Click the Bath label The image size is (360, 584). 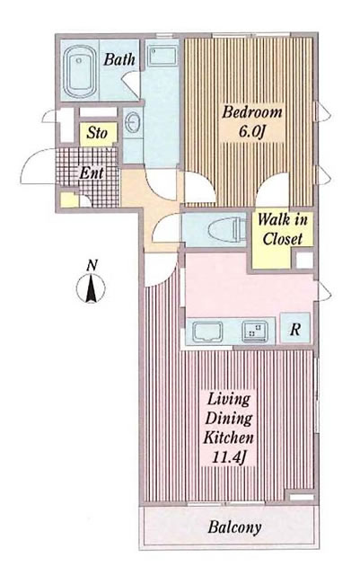(119, 59)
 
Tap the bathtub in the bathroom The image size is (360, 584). (79, 72)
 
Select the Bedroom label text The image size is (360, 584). (252, 112)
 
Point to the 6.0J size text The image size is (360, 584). (253, 132)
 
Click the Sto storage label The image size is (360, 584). (97, 133)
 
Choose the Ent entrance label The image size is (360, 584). (92, 173)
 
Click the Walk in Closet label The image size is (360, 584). (282, 229)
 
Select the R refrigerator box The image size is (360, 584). (294, 328)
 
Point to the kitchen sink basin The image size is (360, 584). (207, 332)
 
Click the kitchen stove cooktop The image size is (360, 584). (255, 331)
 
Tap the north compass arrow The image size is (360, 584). (91, 288)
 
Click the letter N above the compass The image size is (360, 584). (92, 266)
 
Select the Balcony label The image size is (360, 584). (234, 527)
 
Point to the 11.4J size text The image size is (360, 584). (229, 456)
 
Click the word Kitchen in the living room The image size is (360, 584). (229, 438)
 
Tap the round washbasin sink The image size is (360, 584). (131, 122)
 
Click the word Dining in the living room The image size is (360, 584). (229, 419)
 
